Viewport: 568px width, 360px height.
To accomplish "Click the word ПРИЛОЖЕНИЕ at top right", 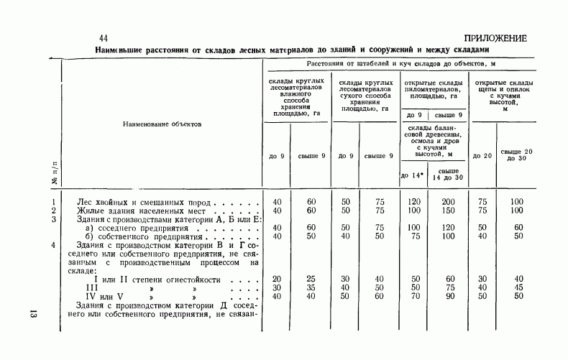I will [x=495, y=38].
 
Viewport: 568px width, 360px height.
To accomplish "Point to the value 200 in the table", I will [x=447, y=203].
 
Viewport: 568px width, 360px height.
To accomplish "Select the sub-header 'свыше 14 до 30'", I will [x=447, y=175].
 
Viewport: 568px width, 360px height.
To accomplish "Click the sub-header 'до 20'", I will [x=482, y=156].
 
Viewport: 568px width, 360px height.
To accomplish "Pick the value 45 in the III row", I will [x=516, y=287].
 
